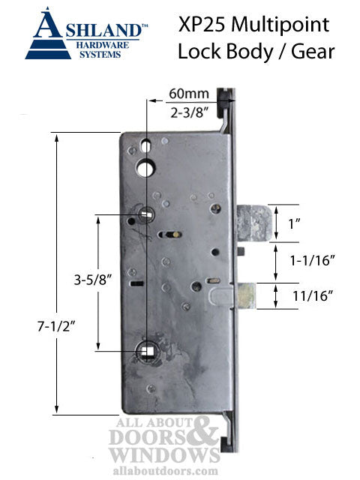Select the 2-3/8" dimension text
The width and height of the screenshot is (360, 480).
(x=182, y=113)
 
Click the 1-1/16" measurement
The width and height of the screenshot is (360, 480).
(x=310, y=259)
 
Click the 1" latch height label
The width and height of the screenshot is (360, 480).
(x=305, y=223)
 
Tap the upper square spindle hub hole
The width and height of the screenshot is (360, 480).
(x=145, y=216)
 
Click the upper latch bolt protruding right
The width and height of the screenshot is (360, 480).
(x=250, y=223)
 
